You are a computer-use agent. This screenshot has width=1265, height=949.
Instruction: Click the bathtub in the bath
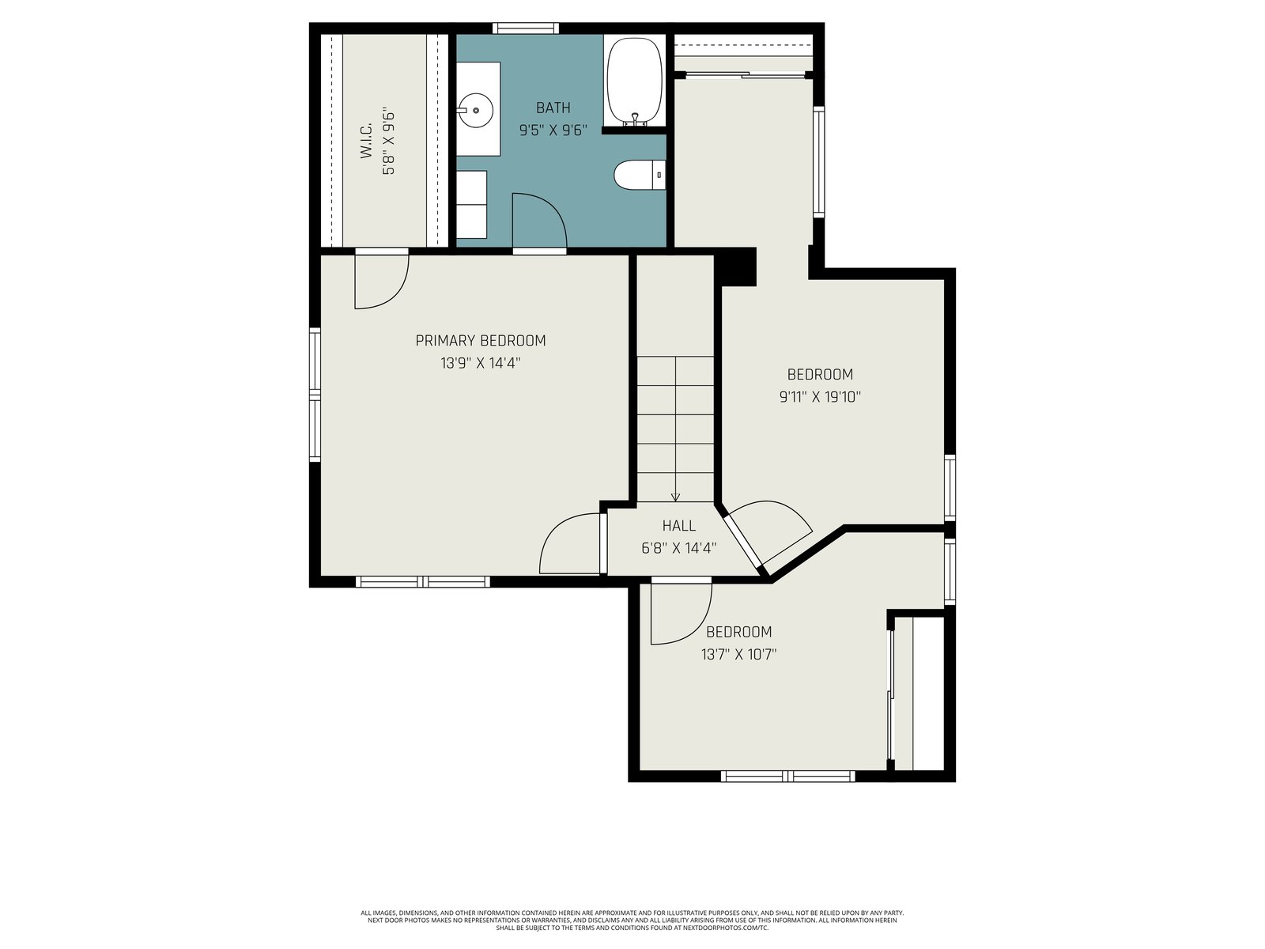coord(634,81)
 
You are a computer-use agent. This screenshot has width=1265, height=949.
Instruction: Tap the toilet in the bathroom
coord(639,175)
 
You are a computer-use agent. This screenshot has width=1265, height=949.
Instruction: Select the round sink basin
coord(475,109)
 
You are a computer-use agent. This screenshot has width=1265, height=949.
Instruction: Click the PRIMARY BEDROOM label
coord(480,341)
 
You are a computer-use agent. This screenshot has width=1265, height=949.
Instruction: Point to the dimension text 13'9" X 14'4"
coord(480,363)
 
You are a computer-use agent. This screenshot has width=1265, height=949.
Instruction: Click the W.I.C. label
coord(366,140)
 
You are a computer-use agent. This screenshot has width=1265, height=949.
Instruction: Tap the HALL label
coord(678,525)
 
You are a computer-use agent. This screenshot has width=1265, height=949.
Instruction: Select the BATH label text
coord(553,108)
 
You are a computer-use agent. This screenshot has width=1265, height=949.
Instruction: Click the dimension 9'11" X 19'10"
coord(820,397)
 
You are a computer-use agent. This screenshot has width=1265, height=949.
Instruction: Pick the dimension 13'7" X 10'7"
coord(738,655)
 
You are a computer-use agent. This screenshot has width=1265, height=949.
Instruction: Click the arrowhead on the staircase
coord(675,497)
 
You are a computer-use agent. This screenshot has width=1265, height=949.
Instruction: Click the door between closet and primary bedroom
coord(382,281)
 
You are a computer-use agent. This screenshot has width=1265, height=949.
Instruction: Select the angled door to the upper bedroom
coord(768,533)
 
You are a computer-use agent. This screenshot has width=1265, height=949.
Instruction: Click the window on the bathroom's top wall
coord(525,28)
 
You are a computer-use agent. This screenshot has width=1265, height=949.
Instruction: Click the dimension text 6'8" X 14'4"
coord(678,548)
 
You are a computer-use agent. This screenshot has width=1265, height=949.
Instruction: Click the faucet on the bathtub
coord(635,119)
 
